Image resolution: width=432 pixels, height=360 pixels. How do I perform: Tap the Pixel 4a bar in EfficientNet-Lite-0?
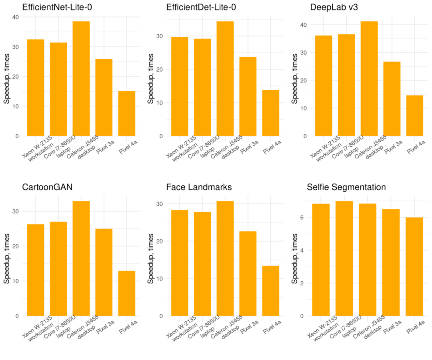127,114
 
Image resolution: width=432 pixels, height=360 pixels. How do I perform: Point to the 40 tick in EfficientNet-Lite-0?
16,17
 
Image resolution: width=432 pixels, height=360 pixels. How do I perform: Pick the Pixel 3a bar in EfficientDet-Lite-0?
248,96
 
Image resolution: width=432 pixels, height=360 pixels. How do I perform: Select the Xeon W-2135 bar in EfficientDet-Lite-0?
180,86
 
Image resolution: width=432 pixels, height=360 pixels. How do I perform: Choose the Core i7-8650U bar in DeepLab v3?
346,85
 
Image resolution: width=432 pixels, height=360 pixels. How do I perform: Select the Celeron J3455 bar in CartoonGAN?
81,258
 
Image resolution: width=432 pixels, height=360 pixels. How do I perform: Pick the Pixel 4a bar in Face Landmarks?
271,291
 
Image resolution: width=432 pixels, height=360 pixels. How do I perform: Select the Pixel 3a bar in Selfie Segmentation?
391,262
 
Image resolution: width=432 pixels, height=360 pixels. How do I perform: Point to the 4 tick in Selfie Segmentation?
304,250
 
